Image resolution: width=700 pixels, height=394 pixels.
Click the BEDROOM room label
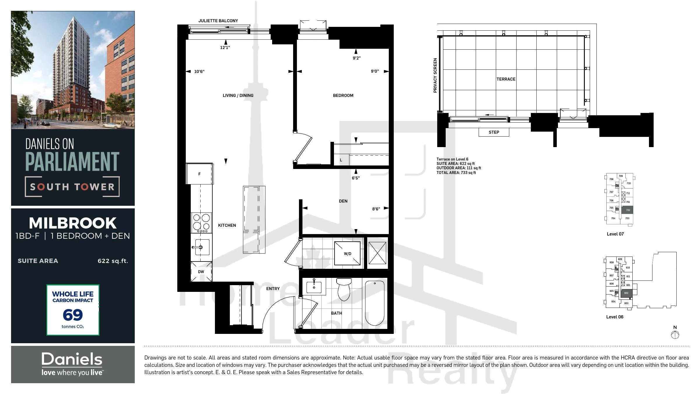click(343, 95)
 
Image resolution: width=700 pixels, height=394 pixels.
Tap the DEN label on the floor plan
click(343, 201)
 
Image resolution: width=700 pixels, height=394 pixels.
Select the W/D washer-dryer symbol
click(347, 253)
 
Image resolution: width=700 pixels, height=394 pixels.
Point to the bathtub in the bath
click(375, 303)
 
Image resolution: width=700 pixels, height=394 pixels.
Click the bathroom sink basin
click(314, 287)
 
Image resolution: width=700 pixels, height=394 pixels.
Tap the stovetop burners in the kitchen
click(201, 223)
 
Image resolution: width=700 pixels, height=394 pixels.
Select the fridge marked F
click(199, 174)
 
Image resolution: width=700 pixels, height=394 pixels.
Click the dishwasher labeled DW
click(201, 272)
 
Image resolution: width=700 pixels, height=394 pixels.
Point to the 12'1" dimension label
click(225, 48)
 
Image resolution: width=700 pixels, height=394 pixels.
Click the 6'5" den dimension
click(356, 178)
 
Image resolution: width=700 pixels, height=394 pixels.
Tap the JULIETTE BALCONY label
click(218, 21)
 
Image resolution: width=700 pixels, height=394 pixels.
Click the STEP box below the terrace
click(494, 132)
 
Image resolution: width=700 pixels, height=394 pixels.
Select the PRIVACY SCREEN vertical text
click(435, 75)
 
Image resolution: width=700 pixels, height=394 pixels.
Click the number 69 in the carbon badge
click(73, 315)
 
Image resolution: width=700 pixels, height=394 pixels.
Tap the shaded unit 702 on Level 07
click(628, 210)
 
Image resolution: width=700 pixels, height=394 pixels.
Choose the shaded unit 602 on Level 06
click(626, 293)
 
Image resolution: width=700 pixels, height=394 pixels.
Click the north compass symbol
click(675, 335)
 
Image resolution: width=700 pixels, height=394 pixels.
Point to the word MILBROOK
click(73, 223)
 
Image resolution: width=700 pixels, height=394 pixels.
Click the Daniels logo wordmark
click(72, 359)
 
